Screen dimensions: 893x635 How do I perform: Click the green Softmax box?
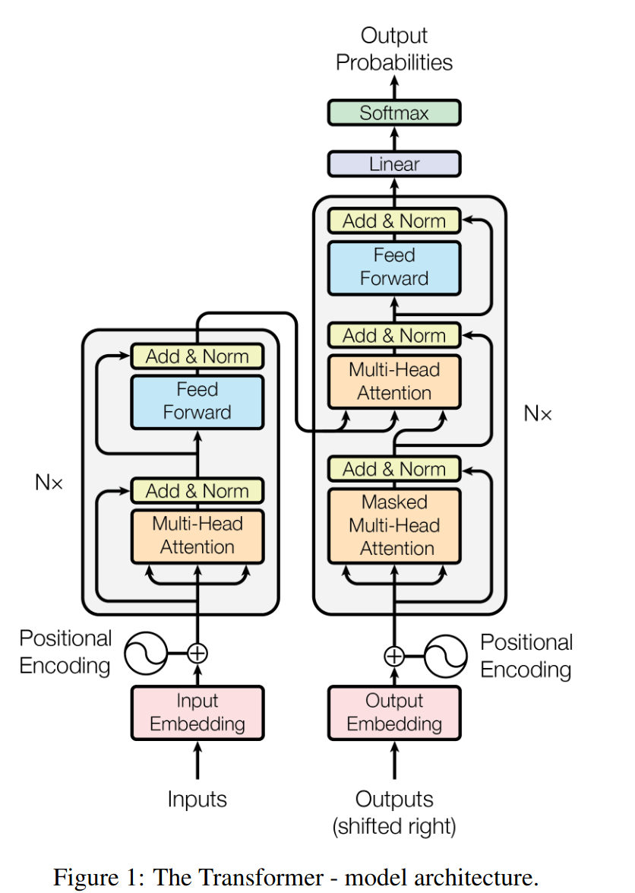coord(394,113)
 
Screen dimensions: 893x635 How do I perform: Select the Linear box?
coord(394,163)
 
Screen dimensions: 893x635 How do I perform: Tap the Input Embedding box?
coord(197,712)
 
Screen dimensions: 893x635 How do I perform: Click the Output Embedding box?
coord(394,712)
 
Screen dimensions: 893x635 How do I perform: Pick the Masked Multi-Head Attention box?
coord(394,525)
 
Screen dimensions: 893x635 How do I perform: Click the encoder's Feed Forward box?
coord(197,401)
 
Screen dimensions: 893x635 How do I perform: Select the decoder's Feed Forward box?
coord(394,268)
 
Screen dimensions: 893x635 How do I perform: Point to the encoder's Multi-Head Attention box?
coord(197,536)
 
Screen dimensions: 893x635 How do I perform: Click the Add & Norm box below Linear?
coord(394,221)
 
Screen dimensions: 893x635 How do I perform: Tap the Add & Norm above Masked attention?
coord(394,469)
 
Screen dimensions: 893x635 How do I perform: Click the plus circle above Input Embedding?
coord(197,652)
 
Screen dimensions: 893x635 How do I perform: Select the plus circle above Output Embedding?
coord(394,655)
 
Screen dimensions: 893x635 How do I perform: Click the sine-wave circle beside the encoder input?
coord(147,652)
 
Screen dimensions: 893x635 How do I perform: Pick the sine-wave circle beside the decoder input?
coord(446,655)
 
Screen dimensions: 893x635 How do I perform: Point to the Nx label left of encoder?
coord(49,482)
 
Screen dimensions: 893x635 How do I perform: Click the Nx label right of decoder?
coord(538,413)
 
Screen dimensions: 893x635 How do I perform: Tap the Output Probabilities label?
coord(394,49)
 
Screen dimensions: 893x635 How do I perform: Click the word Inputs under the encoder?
coord(197,799)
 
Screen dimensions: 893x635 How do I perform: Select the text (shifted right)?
coord(394,826)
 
